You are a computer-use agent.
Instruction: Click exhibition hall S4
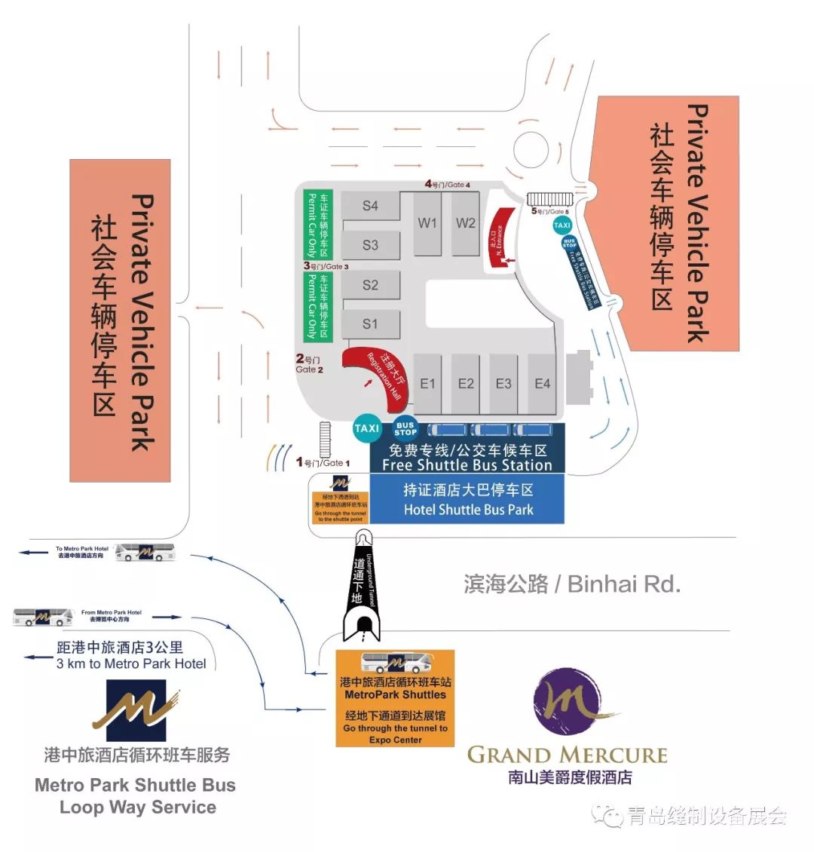[x=370, y=206]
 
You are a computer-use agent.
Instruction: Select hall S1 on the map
[x=370, y=324]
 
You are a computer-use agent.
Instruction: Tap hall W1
[x=427, y=223]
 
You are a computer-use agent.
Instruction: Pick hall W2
[x=466, y=223]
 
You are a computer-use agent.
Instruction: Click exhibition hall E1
[x=427, y=384]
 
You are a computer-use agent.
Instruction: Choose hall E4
[x=543, y=384]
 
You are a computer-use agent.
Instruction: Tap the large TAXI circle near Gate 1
[x=367, y=428]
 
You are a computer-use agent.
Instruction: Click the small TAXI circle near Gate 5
[x=562, y=225]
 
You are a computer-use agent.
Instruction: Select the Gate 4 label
[x=448, y=184]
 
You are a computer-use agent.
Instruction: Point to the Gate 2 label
[x=309, y=365]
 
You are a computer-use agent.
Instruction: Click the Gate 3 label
[x=326, y=266]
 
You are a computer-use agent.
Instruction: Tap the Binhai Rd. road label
[x=572, y=584]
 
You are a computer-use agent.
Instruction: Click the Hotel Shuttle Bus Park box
[x=467, y=499]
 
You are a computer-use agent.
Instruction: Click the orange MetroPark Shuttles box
[x=395, y=697]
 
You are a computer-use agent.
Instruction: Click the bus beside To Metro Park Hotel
[x=145, y=553]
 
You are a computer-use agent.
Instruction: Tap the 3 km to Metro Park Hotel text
[x=131, y=664]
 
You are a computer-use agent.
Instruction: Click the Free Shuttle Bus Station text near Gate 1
[x=467, y=465]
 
